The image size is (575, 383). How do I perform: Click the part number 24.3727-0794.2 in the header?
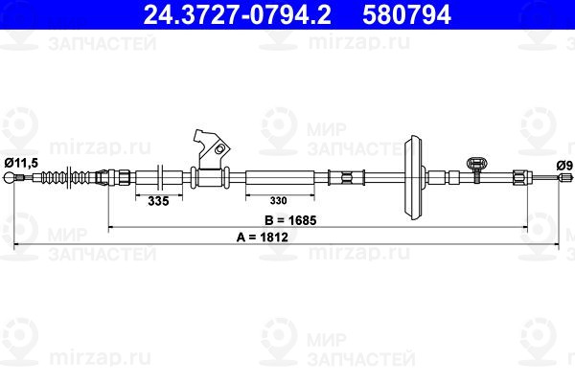pyautogui.click(x=238, y=14)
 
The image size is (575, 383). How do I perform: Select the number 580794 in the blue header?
pyautogui.click(x=406, y=14)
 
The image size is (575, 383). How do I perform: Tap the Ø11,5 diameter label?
pyautogui.click(x=21, y=163)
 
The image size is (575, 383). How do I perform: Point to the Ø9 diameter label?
pyautogui.click(x=564, y=166)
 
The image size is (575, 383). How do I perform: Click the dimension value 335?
pyautogui.click(x=158, y=201)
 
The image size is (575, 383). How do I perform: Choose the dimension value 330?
pyautogui.click(x=278, y=200)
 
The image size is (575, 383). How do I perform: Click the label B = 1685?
pyautogui.click(x=290, y=220)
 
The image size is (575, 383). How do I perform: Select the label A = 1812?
pyautogui.click(x=263, y=237)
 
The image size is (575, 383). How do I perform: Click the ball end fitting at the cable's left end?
pyautogui.click(x=9, y=178)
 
